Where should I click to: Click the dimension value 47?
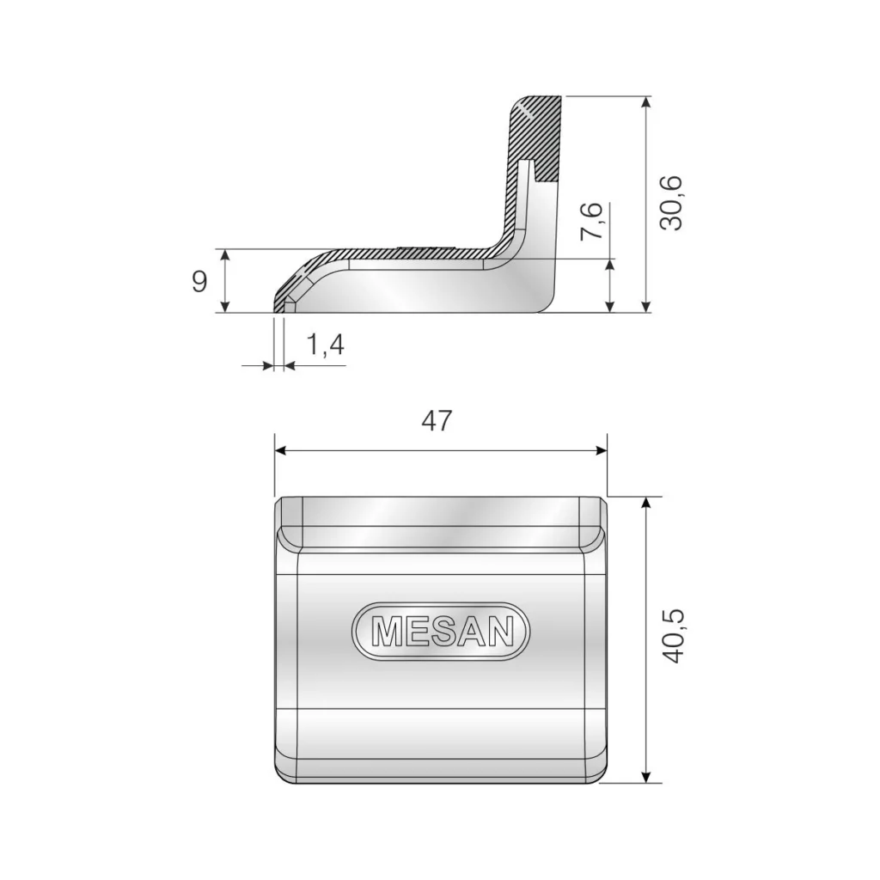click(x=437, y=420)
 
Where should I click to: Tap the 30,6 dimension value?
click(x=671, y=203)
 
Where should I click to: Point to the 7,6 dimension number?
click(x=591, y=221)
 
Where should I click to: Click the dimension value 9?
click(x=199, y=281)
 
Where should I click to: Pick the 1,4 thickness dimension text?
click(x=326, y=344)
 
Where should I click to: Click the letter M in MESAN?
click(x=386, y=632)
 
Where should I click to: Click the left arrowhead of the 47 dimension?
click(x=280, y=450)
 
